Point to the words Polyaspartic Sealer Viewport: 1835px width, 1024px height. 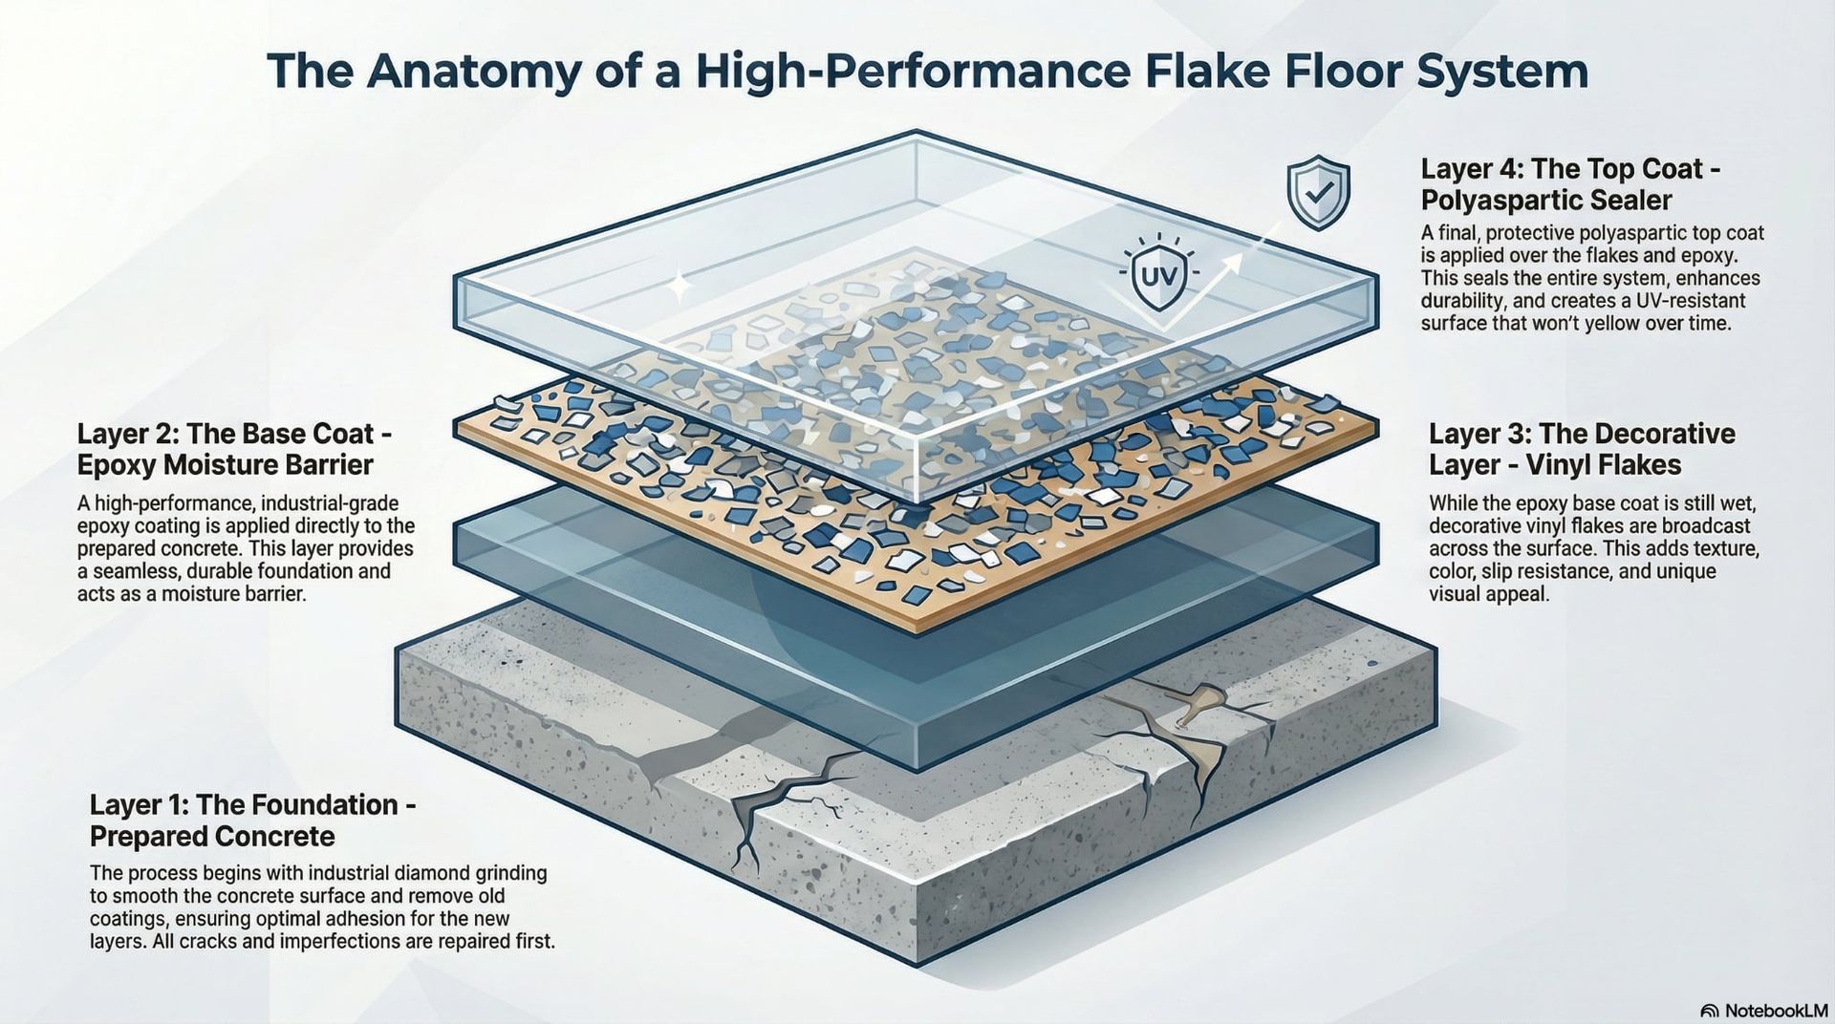click(1545, 201)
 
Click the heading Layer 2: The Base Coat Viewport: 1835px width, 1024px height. click(234, 434)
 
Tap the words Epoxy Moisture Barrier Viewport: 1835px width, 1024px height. click(225, 465)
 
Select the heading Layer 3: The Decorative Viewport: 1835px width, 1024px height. click(1581, 434)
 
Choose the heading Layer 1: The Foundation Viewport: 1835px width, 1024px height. click(252, 804)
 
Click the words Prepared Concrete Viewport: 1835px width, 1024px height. click(212, 837)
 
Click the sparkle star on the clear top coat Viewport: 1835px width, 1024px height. click(679, 286)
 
